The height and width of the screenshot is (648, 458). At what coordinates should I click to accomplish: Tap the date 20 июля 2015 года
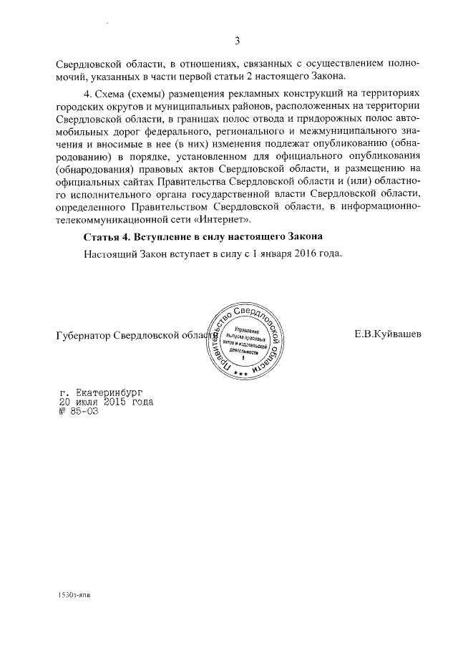click(x=105, y=402)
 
